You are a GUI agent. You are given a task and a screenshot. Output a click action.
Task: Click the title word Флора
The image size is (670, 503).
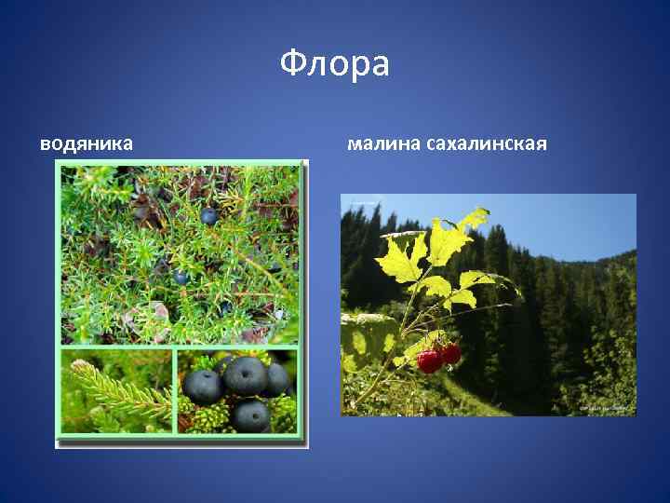[x=334, y=64]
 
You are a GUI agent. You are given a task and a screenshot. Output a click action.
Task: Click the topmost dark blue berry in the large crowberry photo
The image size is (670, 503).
[x=209, y=216]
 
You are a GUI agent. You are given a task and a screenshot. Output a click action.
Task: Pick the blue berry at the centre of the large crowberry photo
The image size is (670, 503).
[x=181, y=277]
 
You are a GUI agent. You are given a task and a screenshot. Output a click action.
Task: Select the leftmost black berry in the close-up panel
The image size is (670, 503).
[x=202, y=386]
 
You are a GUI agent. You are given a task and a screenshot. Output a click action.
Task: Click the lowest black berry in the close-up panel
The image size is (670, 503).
[x=250, y=415]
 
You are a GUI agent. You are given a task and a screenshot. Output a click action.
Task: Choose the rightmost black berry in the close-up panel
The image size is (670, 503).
[x=276, y=380]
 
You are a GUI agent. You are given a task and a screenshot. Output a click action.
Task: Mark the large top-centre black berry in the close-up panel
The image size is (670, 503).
[x=244, y=374]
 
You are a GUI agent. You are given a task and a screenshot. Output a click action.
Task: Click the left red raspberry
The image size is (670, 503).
[x=429, y=360]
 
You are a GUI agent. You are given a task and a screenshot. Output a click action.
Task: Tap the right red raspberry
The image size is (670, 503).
[x=450, y=353]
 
